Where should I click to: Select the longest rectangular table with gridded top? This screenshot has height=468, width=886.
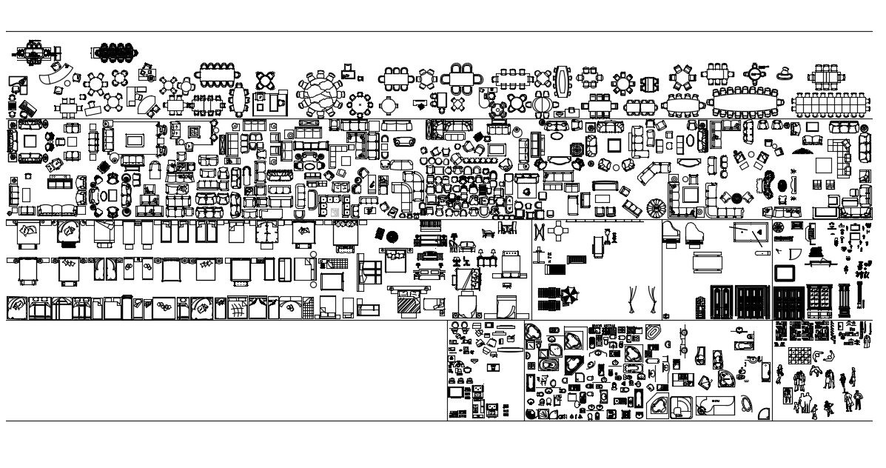click(x=830, y=104)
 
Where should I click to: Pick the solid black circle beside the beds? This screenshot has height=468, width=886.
click(x=392, y=237)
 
